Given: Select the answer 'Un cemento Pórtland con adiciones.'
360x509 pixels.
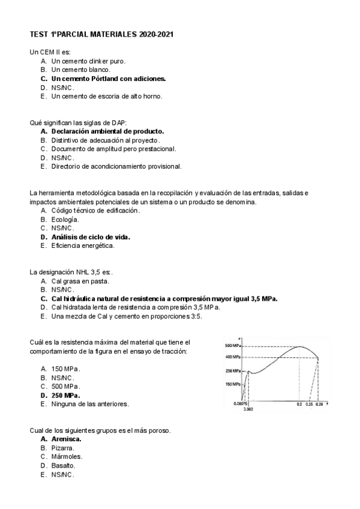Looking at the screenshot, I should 109,79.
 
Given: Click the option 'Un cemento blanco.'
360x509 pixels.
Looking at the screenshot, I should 80,70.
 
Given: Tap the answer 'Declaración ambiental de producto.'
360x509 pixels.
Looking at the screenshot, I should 107,131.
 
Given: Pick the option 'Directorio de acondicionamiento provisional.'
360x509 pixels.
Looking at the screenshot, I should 116,166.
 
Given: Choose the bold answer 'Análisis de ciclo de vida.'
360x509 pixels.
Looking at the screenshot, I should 91,236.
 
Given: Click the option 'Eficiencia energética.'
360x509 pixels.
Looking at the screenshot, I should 83,245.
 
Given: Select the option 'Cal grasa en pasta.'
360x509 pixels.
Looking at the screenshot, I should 80,281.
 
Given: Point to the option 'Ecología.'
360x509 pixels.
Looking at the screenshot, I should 65,219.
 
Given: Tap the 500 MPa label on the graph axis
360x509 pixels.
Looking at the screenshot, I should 233,346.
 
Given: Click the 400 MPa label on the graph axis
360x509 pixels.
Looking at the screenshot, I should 233,357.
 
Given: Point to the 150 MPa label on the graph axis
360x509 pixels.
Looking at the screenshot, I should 233,384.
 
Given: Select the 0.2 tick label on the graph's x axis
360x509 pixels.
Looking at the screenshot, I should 299,405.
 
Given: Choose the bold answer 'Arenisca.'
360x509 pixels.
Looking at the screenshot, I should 67,439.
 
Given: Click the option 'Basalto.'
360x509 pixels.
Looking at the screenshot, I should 63,465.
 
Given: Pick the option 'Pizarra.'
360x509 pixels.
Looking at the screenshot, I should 63,448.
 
